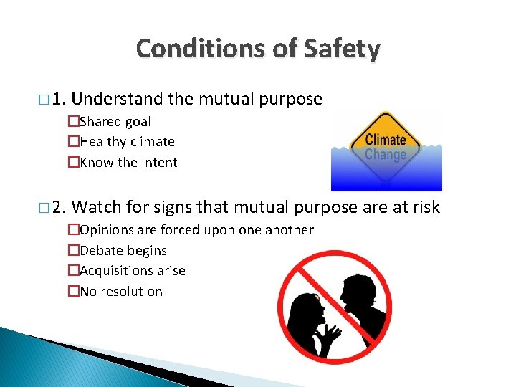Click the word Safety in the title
pos(341,49)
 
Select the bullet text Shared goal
pos(115,122)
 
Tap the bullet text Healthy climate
pos(127,142)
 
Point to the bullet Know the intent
pos(128,162)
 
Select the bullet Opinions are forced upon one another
pos(196,230)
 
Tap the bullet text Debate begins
pos(123,250)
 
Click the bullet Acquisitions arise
pos(133,271)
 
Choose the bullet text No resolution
pos(121,291)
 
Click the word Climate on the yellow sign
pos(386,139)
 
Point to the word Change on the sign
pos(386,154)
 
